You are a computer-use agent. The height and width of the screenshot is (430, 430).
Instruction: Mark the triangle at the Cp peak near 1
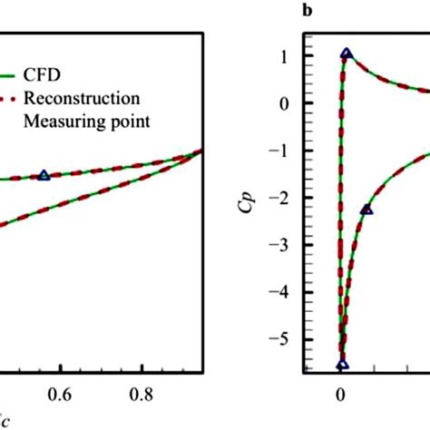click(346, 54)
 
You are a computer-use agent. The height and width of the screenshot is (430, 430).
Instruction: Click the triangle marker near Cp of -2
click(366, 210)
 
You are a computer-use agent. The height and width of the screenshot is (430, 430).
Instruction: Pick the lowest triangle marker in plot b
click(342, 366)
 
